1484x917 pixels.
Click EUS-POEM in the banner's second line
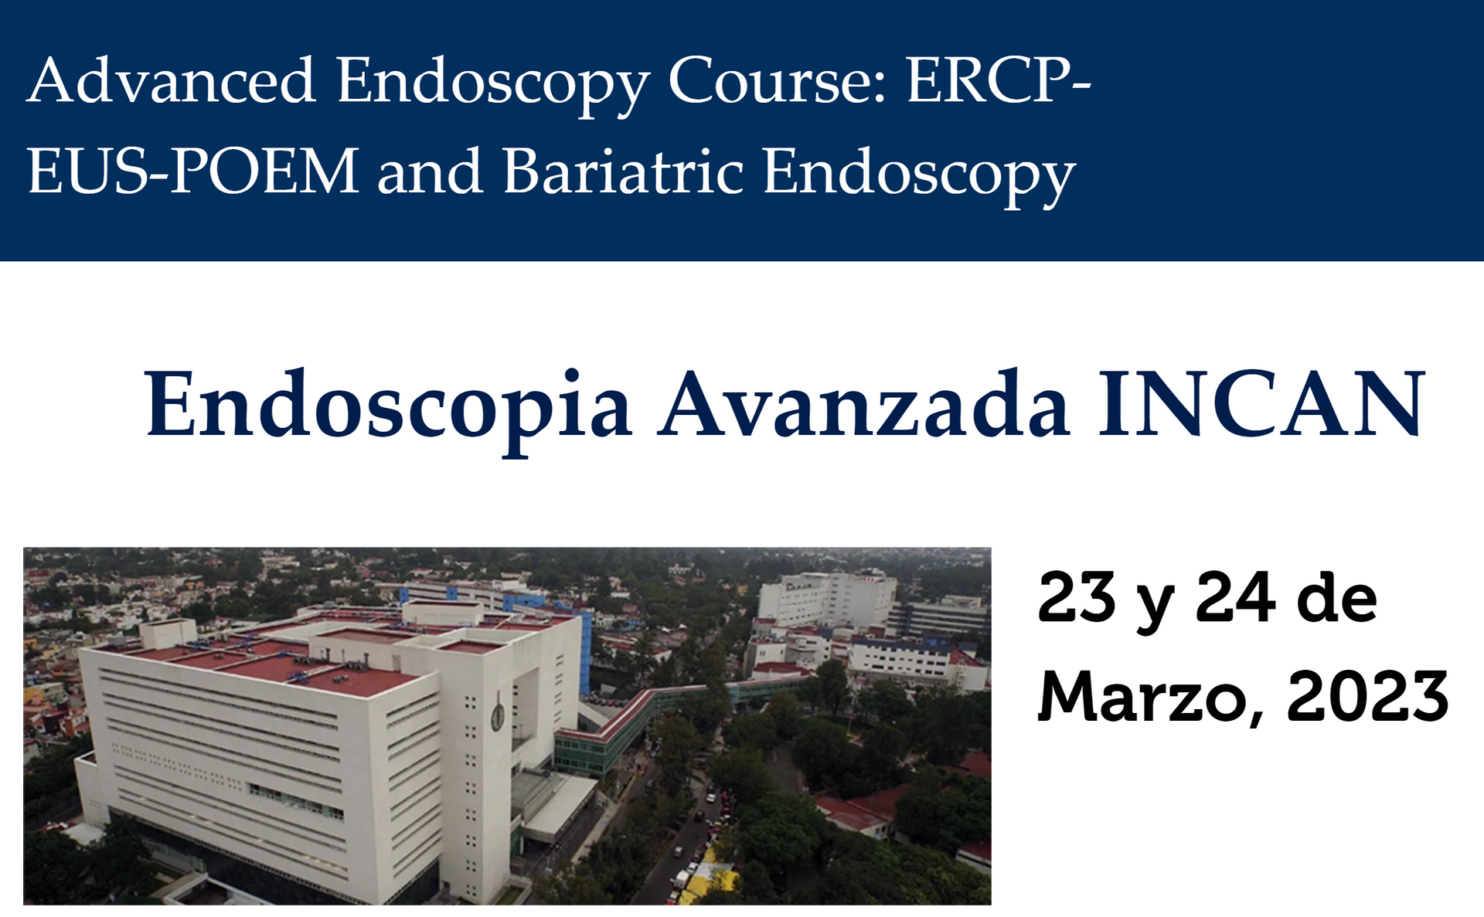pyautogui.click(x=193, y=171)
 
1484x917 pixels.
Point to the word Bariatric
pyautogui.click(x=624, y=171)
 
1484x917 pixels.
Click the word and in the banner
pyautogui.click(x=431, y=171)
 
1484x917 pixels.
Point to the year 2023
pyautogui.click(x=1367, y=696)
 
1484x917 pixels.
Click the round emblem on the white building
pyautogui.click(x=498, y=717)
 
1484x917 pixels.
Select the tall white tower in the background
pyautogui.click(x=827, y=598)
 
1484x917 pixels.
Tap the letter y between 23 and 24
pyautogui.click(x=1156, y=606)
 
